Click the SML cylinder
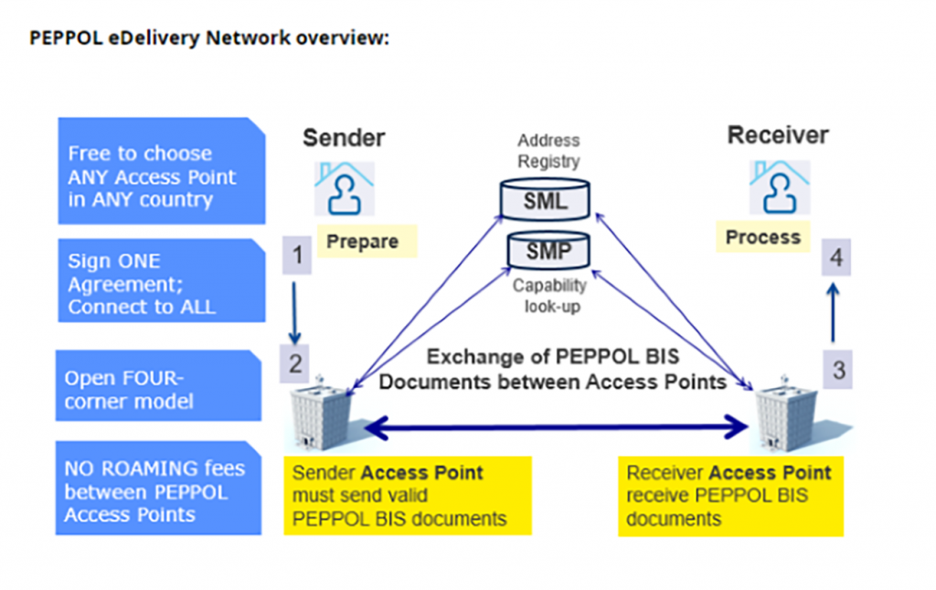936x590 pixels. click(547, 199)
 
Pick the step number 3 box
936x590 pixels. click(837, 370)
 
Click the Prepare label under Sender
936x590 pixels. click(362, 241)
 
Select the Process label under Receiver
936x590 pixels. click(762, 237)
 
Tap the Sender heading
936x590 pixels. click(344, 138)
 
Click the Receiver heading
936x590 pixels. click(778, 136)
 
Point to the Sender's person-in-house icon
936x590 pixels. click(345, 186)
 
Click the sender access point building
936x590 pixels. click(320, 416)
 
